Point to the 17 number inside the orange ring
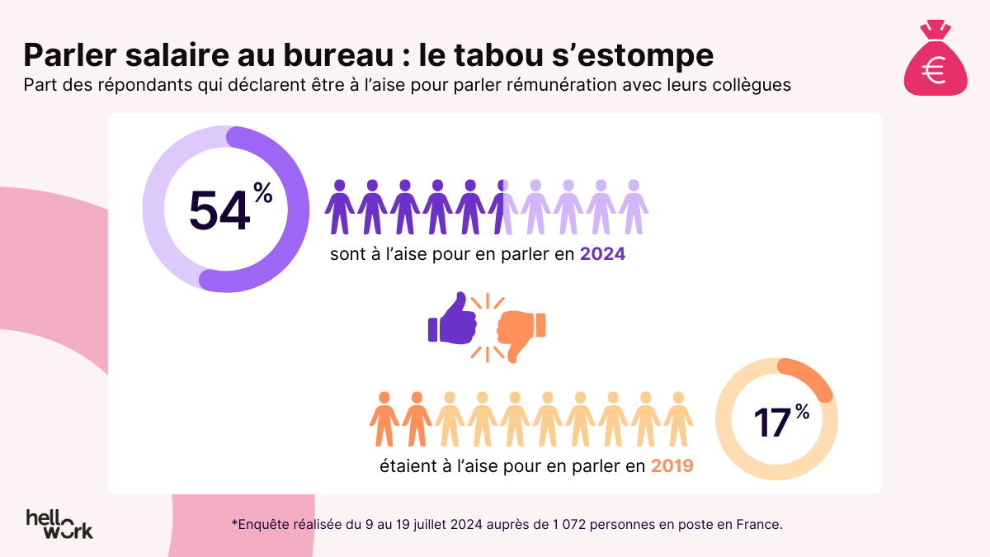pos(771,421)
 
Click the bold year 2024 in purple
pos(602,254)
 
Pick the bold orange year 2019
pos(672,466)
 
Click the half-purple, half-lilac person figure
pos(503,206)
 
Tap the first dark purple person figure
pos(339,206)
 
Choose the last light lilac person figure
pos(634,206)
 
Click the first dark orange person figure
pos(384,419)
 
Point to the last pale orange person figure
pos(678,419)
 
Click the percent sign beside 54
pos(262,195)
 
